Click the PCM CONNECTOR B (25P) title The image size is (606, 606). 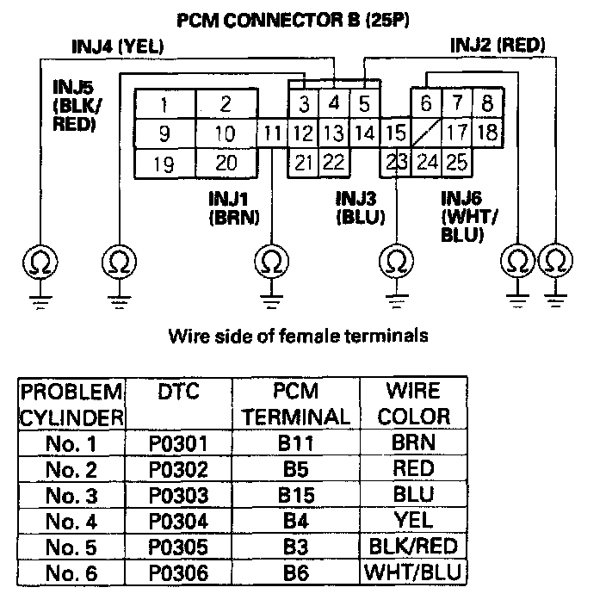(x=293, y=20)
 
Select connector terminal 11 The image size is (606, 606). (x=273, y=133)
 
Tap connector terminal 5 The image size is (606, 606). (x=364, y=103)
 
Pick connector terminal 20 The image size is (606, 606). (x=226, y=163)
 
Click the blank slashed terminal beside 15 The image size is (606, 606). (x=426, y=133)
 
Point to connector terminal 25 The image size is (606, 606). (x=456, y=162)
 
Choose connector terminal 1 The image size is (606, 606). (x=165, y=104)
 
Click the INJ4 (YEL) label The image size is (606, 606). (x=118, y=46)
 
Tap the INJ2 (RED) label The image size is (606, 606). (x=498, y=46)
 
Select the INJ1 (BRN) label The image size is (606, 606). (x=234, y=208)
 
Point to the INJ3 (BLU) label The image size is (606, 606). (x=361, y=208)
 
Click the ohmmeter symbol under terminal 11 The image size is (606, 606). (x=272, y=262)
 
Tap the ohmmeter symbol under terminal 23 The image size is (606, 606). (x=396, y=261)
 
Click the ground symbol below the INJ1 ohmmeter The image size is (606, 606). (x=272, y=301)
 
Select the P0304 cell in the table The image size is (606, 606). (x=178, y=521)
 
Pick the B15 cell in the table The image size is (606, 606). (x=296, y=495)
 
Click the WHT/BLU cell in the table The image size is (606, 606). (x=413, y=572)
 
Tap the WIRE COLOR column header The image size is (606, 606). (x=413, y=404)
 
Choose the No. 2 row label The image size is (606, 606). (x=71, y=470)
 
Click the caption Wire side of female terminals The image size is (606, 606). (x=299, y=336)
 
